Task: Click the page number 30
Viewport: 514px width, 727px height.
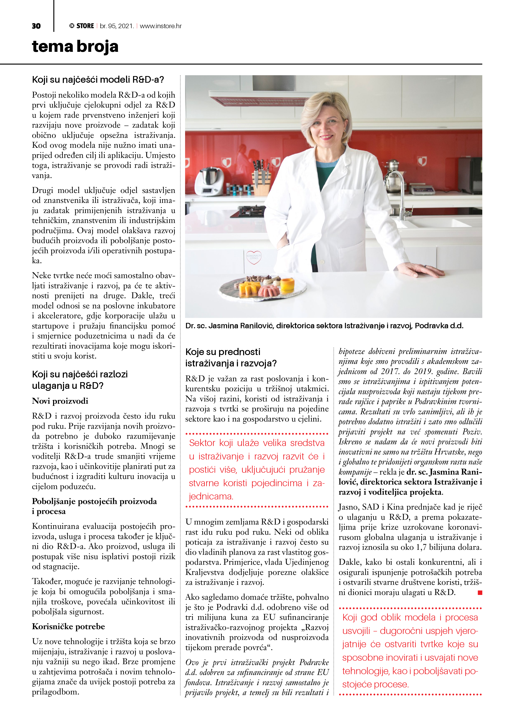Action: click(36, 26)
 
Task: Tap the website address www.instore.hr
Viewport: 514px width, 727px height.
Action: click(161, 26)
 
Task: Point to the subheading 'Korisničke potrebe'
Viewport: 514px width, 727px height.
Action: click(68, 627)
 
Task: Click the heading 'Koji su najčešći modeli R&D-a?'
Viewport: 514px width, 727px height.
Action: click(98, 79)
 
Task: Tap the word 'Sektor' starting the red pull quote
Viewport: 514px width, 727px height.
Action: click(202, 443)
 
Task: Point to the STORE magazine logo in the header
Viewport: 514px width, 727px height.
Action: click(82, 26)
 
